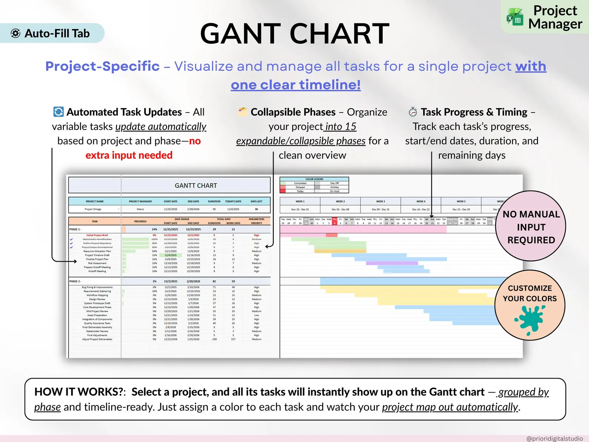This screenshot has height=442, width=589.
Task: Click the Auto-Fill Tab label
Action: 57,33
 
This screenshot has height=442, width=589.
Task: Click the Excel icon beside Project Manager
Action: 515,17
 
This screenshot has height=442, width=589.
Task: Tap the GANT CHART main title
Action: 294,34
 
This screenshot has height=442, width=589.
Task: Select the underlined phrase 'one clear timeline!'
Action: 296,85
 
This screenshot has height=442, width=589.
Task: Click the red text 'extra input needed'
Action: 129,155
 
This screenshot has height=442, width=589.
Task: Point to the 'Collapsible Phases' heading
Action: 293,112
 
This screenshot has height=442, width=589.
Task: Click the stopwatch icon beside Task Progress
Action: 412,112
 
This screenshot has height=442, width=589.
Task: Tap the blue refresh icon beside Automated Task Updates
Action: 58,112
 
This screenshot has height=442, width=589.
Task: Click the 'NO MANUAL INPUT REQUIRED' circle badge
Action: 531,227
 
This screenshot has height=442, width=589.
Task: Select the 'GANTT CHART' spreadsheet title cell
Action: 196,186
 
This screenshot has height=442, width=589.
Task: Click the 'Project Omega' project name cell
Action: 93,209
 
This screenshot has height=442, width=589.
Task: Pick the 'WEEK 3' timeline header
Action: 380,202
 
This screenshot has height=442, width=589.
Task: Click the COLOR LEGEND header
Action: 314,179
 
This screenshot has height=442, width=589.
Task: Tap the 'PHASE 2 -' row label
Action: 75,281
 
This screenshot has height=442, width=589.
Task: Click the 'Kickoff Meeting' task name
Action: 97,271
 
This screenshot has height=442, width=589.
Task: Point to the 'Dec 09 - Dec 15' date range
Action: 380,209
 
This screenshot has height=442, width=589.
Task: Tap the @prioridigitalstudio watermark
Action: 554,438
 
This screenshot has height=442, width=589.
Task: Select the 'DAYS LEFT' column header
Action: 256,202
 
